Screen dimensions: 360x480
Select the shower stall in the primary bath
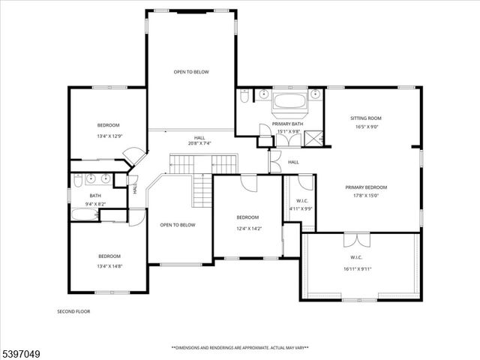(x=316, y=137)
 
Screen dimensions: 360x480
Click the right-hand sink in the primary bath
(x=316, y=94)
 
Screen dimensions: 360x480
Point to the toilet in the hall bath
(x=78, y=180)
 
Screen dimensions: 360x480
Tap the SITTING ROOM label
(x=366, y=118)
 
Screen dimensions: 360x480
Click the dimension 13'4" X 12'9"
(x=108, y=136)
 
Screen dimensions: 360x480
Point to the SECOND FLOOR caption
(x=73, y=310)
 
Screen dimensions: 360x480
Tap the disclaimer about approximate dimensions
(x=240, y=347)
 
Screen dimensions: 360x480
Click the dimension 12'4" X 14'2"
(x=249, y=229)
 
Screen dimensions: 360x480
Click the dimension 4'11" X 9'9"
(x=301, y=208)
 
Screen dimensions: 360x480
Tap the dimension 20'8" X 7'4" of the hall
(x=199, y=143)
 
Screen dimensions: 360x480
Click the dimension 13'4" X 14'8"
(x=108, y=265)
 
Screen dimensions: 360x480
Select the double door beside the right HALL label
(x=274, y=160)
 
